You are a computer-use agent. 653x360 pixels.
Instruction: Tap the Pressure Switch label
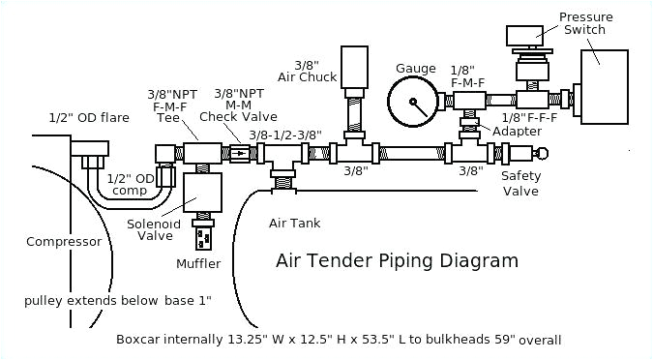click(583, 22)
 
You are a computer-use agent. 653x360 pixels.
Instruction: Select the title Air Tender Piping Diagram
click(397, 261)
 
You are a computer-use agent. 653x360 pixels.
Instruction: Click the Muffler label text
click(198, 263)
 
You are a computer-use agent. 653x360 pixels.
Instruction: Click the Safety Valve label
click(520, 183)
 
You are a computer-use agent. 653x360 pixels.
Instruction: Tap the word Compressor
click(64, 242)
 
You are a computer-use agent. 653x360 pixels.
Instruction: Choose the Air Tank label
click(290, 224)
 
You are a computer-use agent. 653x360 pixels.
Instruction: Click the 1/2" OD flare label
click(88, 118)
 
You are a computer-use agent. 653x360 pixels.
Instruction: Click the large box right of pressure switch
click(613, 84)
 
